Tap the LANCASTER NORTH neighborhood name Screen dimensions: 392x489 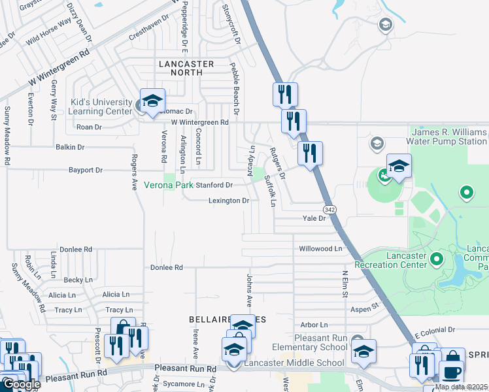pyautogui.click(x=186, y=69)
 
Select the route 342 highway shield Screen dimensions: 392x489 pyautogui.click(x=330, y=209)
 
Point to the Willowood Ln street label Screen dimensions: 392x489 pyautogui.click(x=320, y=249)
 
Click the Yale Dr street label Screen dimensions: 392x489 pyautogui.click(x=313, y=219)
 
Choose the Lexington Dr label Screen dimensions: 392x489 pyautogui.click(x=228, y=201)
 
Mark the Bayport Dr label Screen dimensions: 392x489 pyautogui.click(x=86, y=170)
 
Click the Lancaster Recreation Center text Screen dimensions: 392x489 pyautogui.click(x=390, y=259)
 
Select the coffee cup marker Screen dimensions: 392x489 pyautogui.click(x=450, y=371)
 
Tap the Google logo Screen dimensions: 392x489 pyautogui.click(x=21, y=384)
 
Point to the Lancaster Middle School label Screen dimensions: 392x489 pyautogui.click(x=294, y=363)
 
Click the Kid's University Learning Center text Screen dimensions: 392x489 pyautogui.click(x=101, y=106)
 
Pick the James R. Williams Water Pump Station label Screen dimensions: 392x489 pyautogui.click(x=447, y=137)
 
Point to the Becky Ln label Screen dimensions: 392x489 pyautogui.click(x=78, y=280)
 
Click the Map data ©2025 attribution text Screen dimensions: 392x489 pyautogui.click(x=461, y=387)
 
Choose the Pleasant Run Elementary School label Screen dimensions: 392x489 pyautogui.click(x=312, y=343)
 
